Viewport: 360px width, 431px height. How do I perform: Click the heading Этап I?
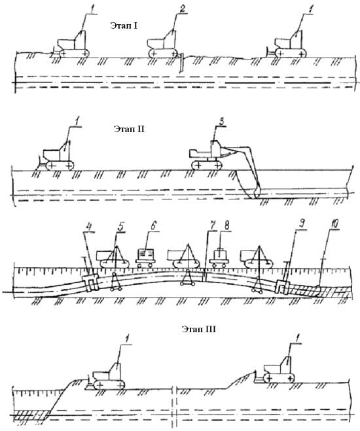[x=124, y=26]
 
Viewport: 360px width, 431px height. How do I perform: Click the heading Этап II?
[x=129, y=129]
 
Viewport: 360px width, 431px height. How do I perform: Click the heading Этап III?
[x=199, y=329]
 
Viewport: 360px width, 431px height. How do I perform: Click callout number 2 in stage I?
[x=182, y=10]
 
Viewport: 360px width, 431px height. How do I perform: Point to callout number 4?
[x=88, y=227]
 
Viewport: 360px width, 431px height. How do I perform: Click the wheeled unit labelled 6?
[x=145, y=258]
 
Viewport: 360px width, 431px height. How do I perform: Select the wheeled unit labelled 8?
[x=219, y=258]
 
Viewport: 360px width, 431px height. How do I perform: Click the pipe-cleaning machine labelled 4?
[x=90, y=283]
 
